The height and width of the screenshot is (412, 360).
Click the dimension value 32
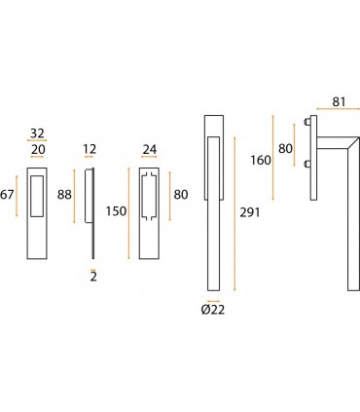(37, 133)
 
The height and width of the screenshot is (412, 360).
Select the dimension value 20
(38, 150)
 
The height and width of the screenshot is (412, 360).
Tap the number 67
(7, 195)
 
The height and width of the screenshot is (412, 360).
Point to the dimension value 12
(90, 149)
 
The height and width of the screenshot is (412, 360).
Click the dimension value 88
(64, 195)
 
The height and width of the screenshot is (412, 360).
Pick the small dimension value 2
(93, 277)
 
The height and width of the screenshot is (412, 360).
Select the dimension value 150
(116, 211)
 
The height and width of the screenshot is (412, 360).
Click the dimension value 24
(150, 150)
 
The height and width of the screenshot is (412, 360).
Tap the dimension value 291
(250, 212)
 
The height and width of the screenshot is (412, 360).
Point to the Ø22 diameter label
(213, 310)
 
